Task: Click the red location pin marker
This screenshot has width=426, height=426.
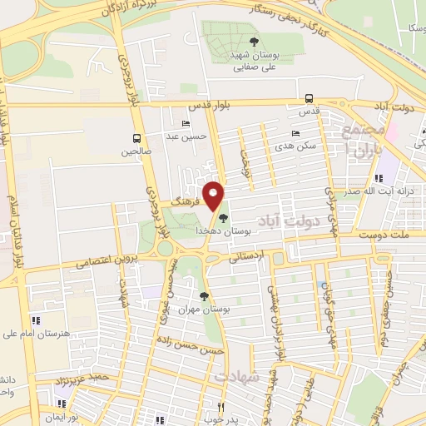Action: point(214,196)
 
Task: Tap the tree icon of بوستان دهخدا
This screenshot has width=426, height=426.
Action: point(222,218)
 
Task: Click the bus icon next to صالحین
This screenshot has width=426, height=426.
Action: point(136,138)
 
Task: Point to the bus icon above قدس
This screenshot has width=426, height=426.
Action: point(310,98)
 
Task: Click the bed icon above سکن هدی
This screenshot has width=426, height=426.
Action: point(295,133)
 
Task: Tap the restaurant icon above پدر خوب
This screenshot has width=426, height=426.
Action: point(220,407)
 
